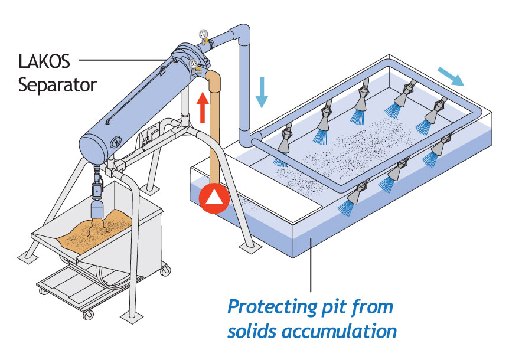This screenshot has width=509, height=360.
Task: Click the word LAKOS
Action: coord(44,61)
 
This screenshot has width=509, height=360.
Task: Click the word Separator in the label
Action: coord(57,86)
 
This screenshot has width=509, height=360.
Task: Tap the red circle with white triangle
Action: coord(214,198)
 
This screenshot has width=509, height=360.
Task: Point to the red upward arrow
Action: coord(203,107)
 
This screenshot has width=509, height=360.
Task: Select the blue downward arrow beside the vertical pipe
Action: coord(262,93)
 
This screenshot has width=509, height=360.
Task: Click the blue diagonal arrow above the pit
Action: coord(451,77)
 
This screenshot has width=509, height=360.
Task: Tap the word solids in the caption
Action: coord(252,331)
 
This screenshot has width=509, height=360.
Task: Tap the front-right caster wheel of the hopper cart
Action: coord(165,270)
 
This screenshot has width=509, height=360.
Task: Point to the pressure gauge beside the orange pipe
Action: coord(194,65)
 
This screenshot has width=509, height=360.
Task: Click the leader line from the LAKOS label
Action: coord(123,60)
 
